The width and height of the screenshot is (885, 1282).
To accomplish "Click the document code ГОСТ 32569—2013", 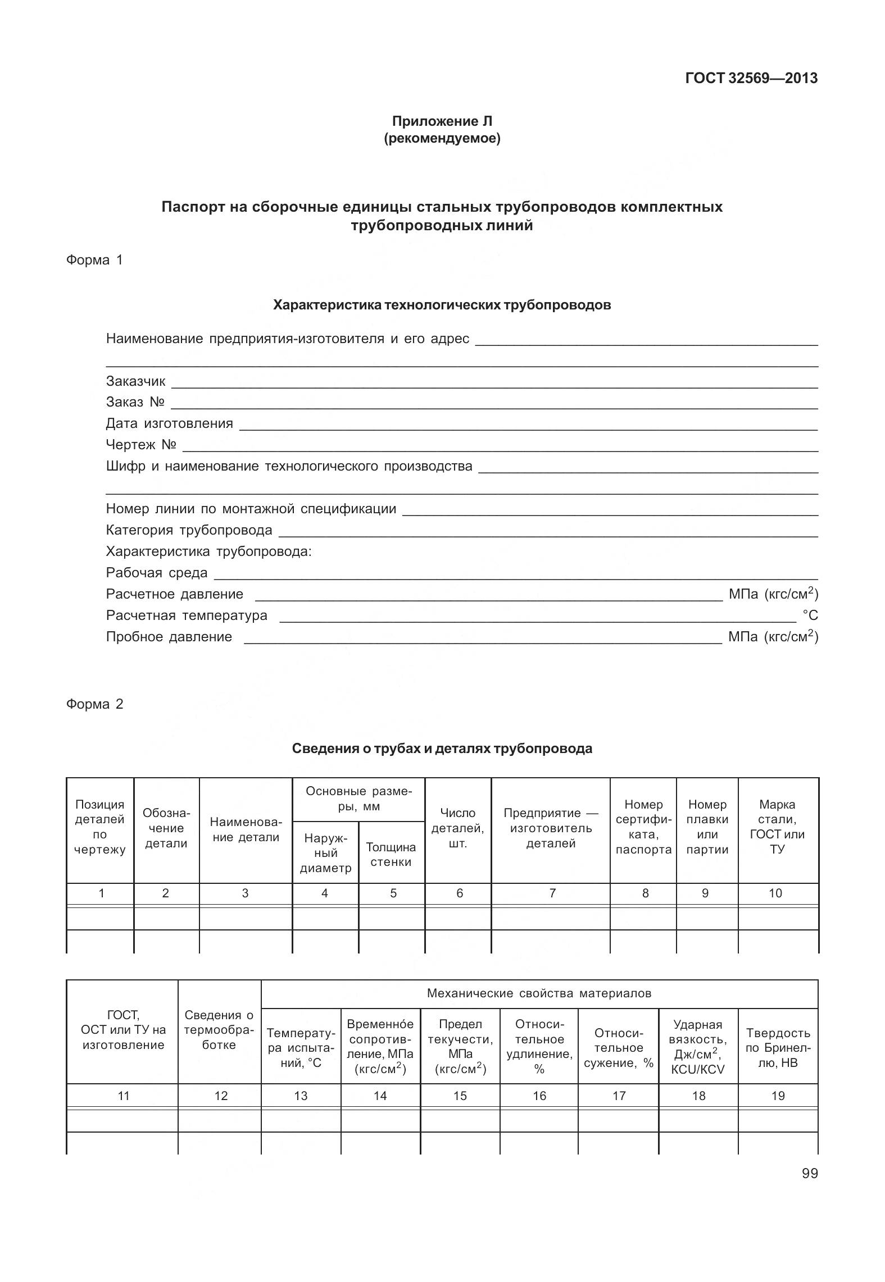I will [751, 78].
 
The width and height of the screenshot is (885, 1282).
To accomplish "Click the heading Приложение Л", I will [442, 121].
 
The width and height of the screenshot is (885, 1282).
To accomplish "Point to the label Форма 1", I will [94, 260].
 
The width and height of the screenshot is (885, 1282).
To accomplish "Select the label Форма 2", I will [94, 704].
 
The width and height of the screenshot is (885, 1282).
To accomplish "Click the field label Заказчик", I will [136, 381].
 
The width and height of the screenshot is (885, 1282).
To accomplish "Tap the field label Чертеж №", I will [141, 445].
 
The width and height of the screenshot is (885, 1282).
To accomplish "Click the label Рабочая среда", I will [157, 573].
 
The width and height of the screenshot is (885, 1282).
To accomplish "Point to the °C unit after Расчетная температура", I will [810, 615].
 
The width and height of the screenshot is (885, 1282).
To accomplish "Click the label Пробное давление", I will [169, 637].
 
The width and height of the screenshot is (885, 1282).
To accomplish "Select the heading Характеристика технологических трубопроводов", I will [442, 305].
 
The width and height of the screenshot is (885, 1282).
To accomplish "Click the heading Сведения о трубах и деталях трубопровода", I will [442, 749].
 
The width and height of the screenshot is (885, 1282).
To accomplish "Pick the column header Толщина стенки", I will [391, 854].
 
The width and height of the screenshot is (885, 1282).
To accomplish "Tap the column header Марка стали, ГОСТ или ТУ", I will [777, 827].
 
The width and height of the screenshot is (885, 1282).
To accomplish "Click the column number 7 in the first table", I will [552, 893].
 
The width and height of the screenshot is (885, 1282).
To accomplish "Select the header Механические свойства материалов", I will [539, 993].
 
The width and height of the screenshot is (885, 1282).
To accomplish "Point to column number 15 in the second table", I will [460, 1096].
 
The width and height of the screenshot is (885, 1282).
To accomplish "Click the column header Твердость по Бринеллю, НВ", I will [778, 1047].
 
